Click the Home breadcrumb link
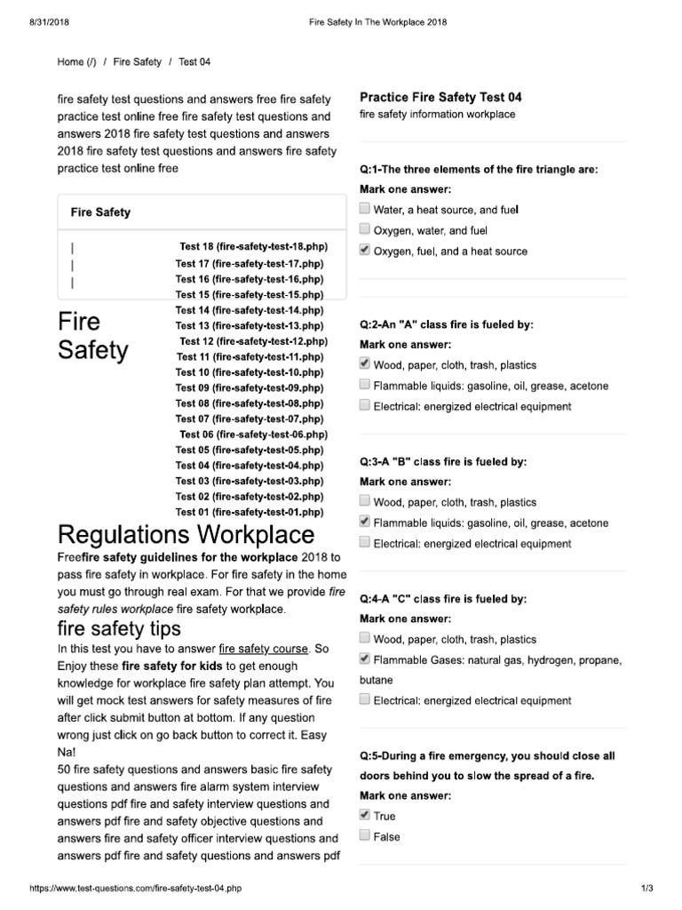click(76, 62)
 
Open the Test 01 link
click(250, 512)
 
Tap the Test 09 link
click(250, 387)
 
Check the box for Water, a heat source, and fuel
click(365, 209)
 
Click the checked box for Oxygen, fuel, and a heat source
click(365, 251)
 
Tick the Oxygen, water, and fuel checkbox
click(365, 230)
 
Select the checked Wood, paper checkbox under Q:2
click(365, 364)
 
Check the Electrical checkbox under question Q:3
click(365, 543)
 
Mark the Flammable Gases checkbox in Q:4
click(365, 659)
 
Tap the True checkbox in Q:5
click(365, 815)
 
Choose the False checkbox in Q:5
click(365, 836)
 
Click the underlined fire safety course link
click(264, 649)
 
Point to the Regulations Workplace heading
click(186, 535)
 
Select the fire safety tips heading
click(119, 628)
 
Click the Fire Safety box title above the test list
click(100, 212)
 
